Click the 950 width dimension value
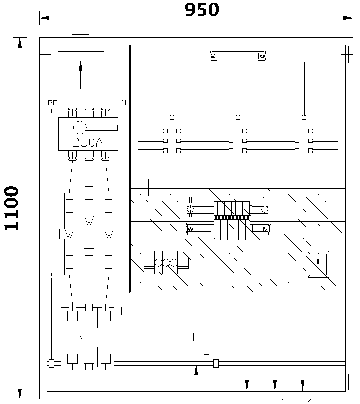point(202,10)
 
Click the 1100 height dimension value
point(11,208)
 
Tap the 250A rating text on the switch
point(87,143)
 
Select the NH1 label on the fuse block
point(87,337)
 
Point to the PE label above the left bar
point(52,103)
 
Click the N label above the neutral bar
point(124,103)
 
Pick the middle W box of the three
point(89,221)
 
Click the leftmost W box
point(69,234)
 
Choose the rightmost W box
point(109,234)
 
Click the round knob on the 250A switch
point(80,127)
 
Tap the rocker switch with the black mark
point(318,264)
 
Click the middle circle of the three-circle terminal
point(166,263)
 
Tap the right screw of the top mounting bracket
point(262,56)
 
